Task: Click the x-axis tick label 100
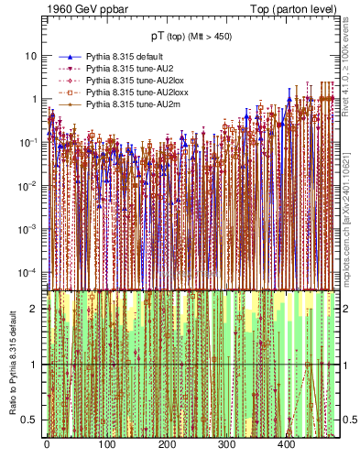pos(106,445)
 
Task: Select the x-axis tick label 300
pos(226,445)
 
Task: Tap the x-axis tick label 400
pos(286,445)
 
